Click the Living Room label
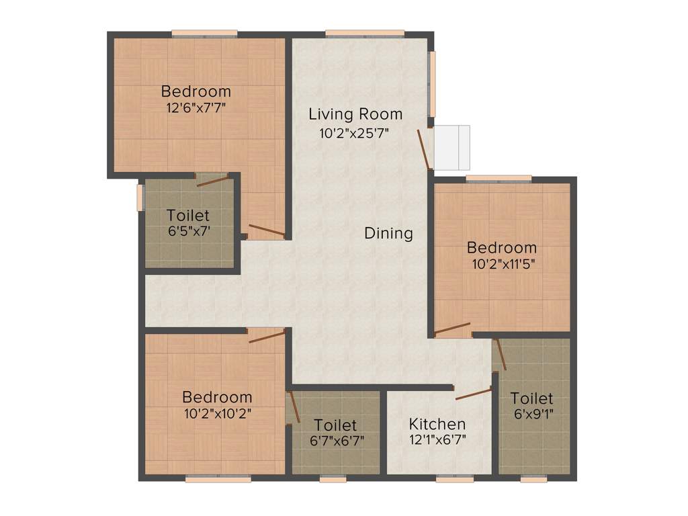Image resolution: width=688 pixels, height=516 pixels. tap(355, 114)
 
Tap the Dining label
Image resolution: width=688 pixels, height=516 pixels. tap(388, 233)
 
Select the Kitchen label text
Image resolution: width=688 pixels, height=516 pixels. tap(437, 424)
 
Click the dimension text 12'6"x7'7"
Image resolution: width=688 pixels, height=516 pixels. tap(196, 107)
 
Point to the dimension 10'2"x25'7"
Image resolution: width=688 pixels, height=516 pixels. tap(355, 132)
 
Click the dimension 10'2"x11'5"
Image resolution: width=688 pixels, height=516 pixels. tap(502, 264)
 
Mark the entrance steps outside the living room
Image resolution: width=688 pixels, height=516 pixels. tap(451, 147)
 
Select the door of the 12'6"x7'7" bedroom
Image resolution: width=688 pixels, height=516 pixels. tap(266, 231)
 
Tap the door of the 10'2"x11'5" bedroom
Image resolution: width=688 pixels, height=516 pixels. tap(452, 329)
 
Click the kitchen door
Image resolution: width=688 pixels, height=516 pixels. tap(474, 394)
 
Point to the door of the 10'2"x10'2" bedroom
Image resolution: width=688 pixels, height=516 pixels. tap(267, 336)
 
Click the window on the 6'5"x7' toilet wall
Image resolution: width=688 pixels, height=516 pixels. tap(140, 197)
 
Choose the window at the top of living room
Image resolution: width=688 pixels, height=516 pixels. tap(365, 32)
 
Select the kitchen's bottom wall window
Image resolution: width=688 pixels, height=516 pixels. tap(454, 479)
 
